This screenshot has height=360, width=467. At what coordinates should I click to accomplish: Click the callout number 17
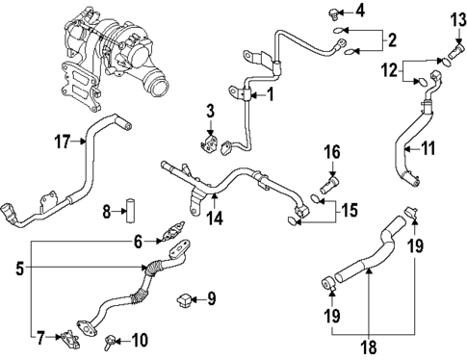click(x=62, y=141)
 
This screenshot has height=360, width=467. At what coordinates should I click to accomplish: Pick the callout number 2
click(x=138, y=242)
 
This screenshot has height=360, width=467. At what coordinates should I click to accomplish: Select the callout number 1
click(x=271, y=94)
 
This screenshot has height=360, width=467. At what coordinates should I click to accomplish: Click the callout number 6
click(x=138, y=242)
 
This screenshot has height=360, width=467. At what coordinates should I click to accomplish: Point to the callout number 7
click(x=41, y=338)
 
